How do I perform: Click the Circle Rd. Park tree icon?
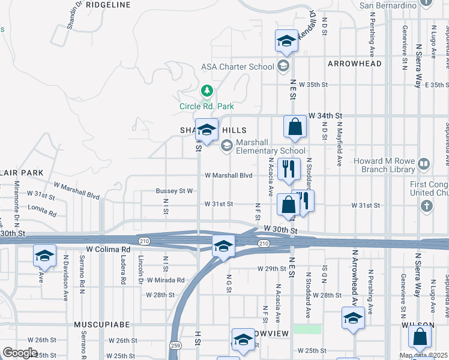pos(207,91)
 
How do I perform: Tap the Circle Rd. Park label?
pos(206,106)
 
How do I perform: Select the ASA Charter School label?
pos(237,67)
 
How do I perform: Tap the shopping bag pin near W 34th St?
pos(295,127)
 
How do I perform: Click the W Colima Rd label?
pos(108,249)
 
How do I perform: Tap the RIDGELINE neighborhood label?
pos(108,4)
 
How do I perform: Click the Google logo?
pos(20,353)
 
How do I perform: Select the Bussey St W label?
pos(173,191)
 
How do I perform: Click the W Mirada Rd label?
pos(164,280)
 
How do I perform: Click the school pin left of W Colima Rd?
pos(44,256)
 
